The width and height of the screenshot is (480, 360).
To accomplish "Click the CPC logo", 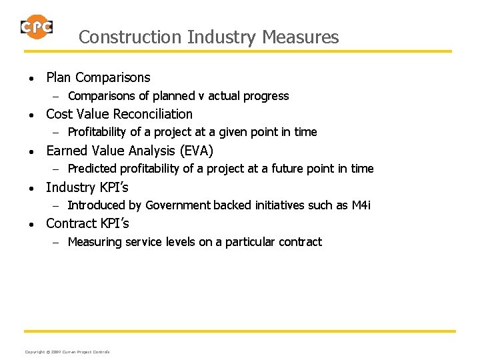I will pos(36,27).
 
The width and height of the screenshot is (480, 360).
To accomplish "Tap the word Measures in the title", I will pos(301,37).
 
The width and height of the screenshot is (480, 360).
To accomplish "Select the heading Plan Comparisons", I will pos(98,78).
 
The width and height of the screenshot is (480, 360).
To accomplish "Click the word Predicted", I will pos(95,169).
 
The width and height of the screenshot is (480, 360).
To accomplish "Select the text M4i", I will pos(361,205).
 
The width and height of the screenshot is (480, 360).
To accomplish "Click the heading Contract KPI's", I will pos(87,223).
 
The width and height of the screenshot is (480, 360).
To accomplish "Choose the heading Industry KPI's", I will pos(87,187).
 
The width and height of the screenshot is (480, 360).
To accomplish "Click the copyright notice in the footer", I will pos(67,352).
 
